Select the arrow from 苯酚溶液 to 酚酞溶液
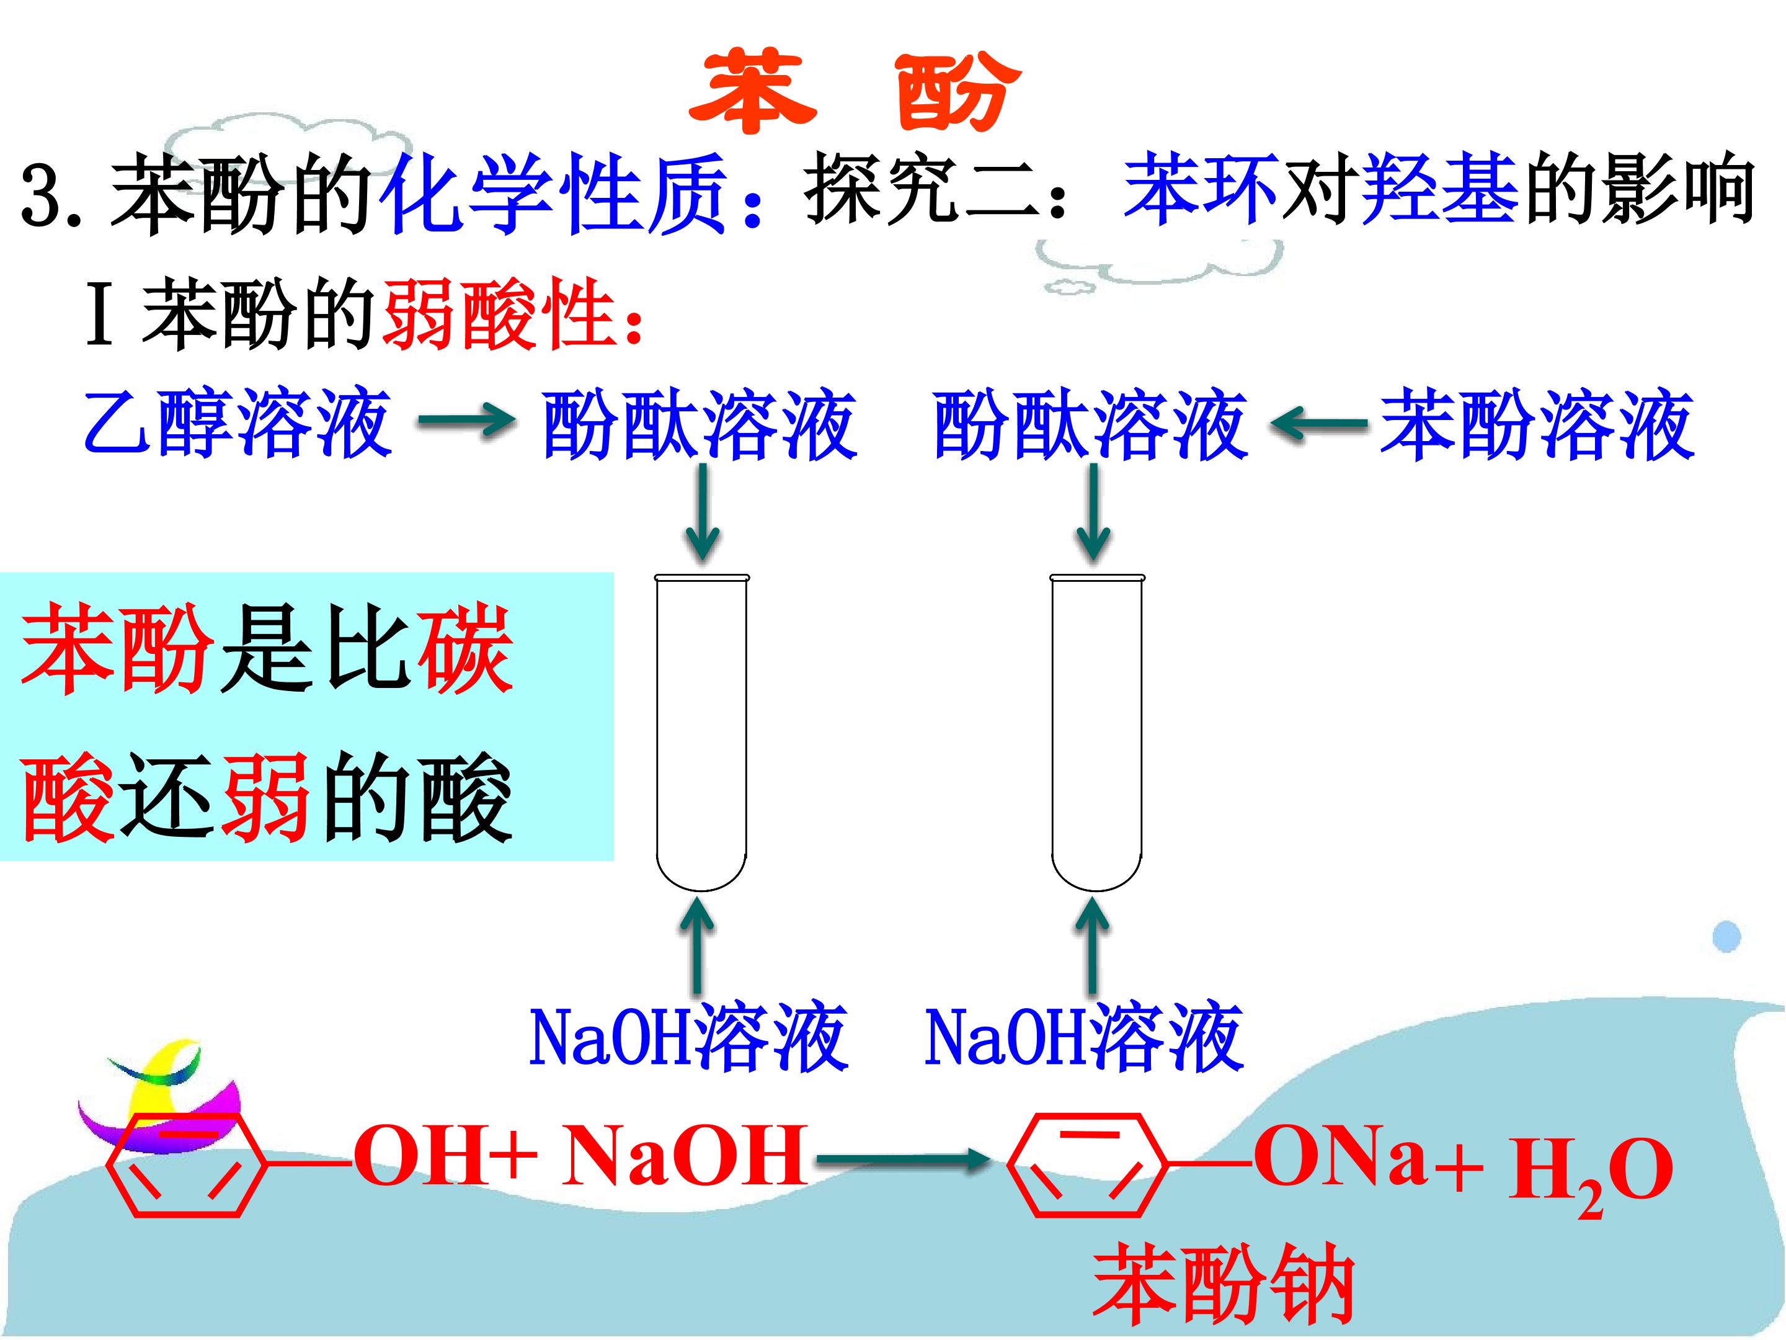coord(1318,423)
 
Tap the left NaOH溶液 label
coord(688,1037)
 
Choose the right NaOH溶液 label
coord(1083,1037)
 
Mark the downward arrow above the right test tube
coord(1094,514)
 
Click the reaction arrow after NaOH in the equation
coord(903,1161)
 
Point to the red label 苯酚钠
coord(1224,1284)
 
